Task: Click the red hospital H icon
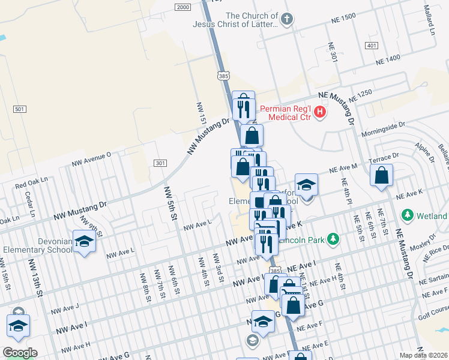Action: click(321, 111)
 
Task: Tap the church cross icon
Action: click(287, 20)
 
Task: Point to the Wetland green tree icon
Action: click(408, 215)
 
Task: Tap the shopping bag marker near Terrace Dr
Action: click(382, 176)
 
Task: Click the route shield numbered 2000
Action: click(183, 7)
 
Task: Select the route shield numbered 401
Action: click(372, 46)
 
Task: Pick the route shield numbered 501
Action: click(20, 109)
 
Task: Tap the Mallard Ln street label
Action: click(428, 16)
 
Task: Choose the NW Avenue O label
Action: click(91, 158)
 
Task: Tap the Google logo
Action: click(19, 352)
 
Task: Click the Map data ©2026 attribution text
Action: click(423, 355)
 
